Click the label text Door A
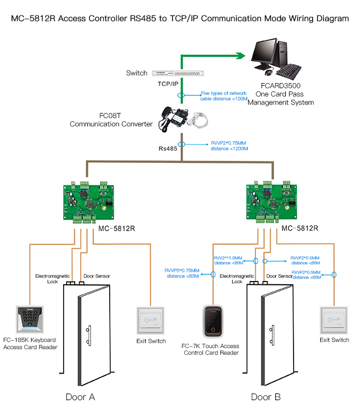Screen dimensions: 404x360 (x=80, y=397)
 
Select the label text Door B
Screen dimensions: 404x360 (x=265, y=397)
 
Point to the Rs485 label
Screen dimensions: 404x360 (x=169, y=149)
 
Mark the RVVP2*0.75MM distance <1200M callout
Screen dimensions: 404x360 (x=229, y=145)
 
